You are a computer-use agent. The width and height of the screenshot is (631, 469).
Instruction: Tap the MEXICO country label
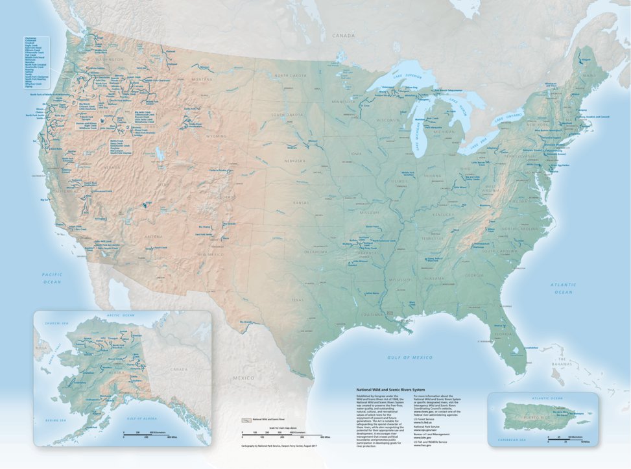tap(244, 377)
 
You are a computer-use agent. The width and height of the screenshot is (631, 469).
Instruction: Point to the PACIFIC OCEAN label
tap(52, 278)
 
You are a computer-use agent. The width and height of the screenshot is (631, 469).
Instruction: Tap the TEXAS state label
tap(298, 300)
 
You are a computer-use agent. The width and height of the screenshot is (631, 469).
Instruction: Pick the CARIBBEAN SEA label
tap(517, 440)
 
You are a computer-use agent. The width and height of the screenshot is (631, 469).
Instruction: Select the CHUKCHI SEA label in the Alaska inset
tap(56, 322)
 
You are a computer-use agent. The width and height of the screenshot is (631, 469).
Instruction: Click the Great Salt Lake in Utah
tap(156, 154)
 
